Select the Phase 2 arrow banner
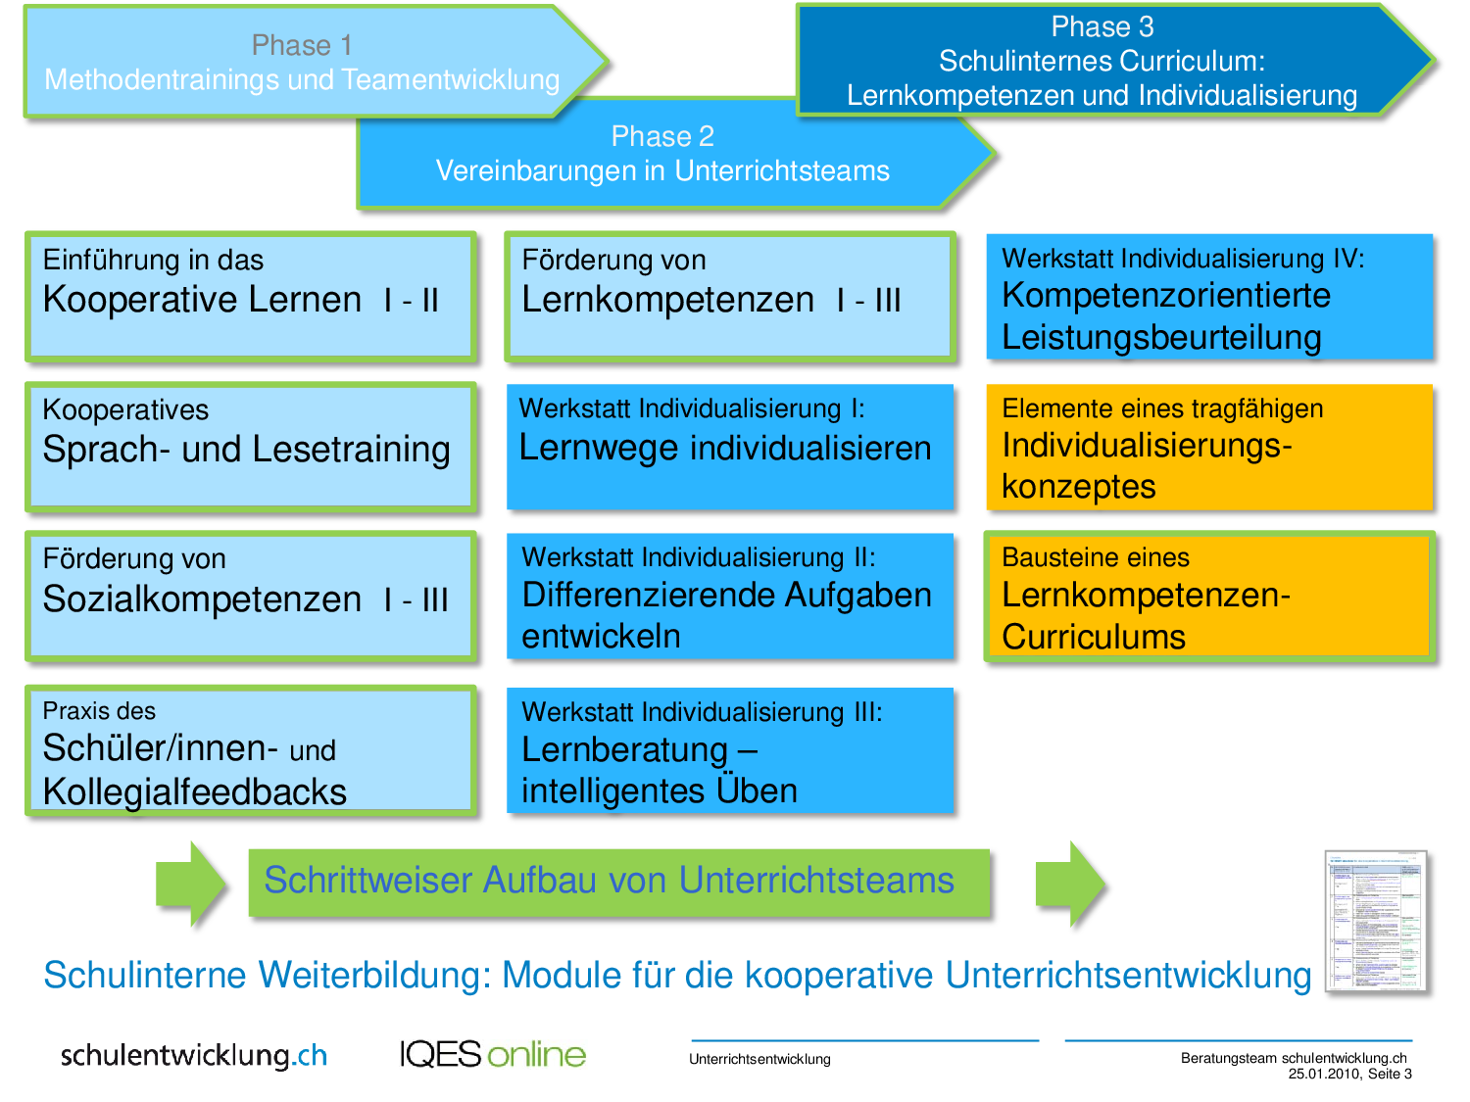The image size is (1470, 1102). click(x=662, y=155)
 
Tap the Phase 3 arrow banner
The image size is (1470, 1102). click(x=1102, y=61)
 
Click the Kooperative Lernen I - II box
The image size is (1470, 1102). click(x=250, y=296)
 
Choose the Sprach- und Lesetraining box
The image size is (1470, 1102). click(x=250, y=447)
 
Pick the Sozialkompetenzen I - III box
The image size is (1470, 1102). click(x=250, y=596)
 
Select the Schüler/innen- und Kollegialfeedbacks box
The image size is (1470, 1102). click(x=250, y=750)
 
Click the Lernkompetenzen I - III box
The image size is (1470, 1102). click(x=729, y=296)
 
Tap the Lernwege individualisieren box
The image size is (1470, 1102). click(x=729, y=447)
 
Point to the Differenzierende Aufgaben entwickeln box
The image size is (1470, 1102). click(x=729, y=596)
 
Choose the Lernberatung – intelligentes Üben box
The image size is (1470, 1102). click(x=729, y=750)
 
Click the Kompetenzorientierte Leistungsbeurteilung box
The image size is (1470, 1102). click(x=1209, y=296)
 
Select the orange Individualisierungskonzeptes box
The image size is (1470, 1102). click(x=1209, y=447)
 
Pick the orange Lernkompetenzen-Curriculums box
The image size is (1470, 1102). click(x=1209, y=596)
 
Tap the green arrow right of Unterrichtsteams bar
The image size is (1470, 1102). click(x=1070, y=884)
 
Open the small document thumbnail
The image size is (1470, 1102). click(x=1376, y=921)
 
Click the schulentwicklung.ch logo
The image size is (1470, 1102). click(x=194, y=1055)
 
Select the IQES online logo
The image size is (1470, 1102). click(x=492, y=1054)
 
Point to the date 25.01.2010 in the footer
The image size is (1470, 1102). click(x=1324, y=1074)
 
